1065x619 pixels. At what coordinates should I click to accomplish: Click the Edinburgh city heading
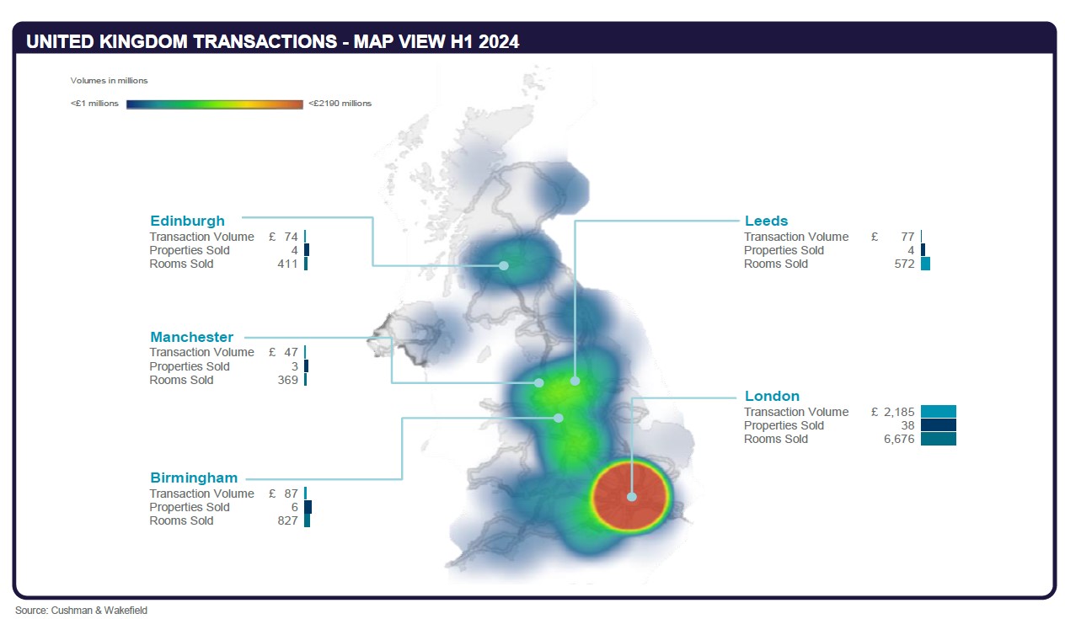coord(187,221)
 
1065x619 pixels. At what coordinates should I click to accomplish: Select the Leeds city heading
coord(766,221)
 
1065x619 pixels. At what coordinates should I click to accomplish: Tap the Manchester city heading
coord(191,337)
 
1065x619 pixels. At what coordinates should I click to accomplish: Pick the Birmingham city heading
coord(194,478)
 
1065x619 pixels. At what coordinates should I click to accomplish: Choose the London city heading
coord(772,396)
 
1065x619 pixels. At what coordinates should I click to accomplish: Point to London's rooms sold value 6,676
coord(898,439)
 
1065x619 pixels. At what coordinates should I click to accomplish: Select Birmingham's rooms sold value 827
coord(287,520)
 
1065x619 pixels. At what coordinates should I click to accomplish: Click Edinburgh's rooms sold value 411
coord(287,264)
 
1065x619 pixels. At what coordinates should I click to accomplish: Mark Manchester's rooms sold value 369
coord(287,380)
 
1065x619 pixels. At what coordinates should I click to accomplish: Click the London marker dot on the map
coord(631,497)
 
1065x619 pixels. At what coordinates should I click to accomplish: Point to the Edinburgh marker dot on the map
coord(504,265)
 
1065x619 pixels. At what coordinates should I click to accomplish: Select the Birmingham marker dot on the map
coord(558,417)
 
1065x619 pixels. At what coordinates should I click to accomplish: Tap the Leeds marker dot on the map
coord(575,381)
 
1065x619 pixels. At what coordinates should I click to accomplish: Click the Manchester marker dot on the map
coord(539,382)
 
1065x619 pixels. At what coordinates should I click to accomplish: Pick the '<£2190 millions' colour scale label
coord(340,104)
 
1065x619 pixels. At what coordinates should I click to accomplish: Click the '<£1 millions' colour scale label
coord(94,104)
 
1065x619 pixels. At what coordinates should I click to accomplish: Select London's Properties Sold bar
coord(938,425)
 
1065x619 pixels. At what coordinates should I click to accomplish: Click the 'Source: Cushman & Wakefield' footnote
coord(81,610)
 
